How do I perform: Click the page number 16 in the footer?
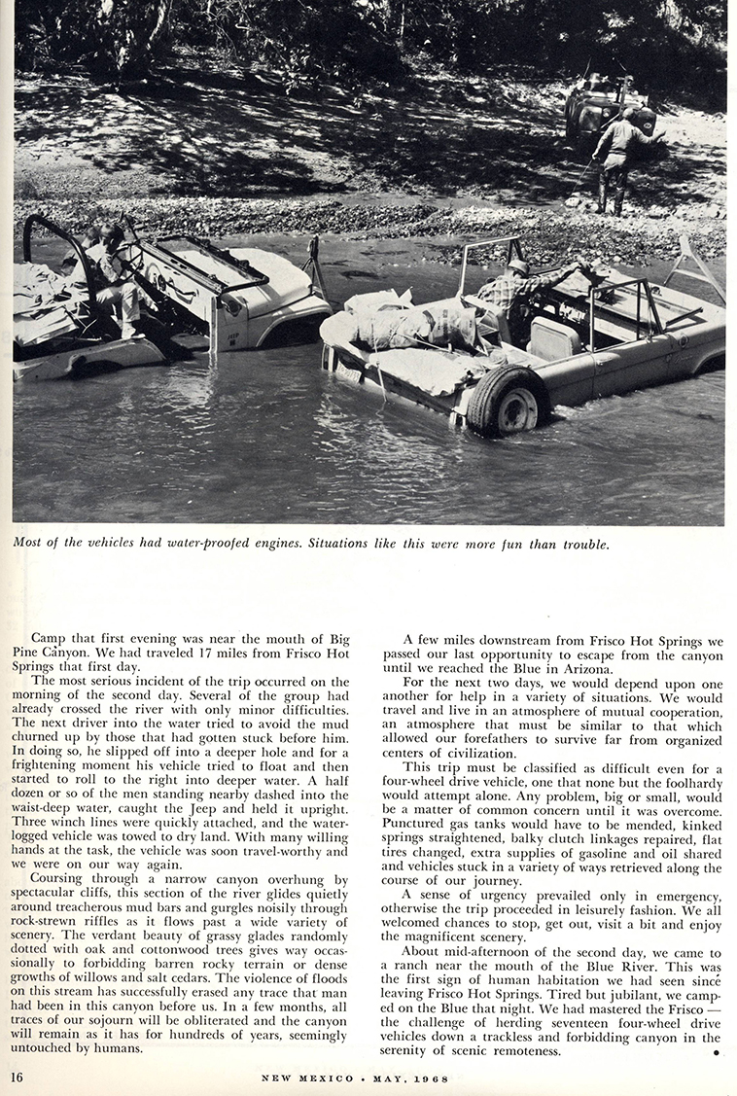point(18,1077)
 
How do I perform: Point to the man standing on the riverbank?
point(618,159)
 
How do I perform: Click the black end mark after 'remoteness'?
point(715,1053)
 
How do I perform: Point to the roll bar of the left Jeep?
point(58,243)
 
